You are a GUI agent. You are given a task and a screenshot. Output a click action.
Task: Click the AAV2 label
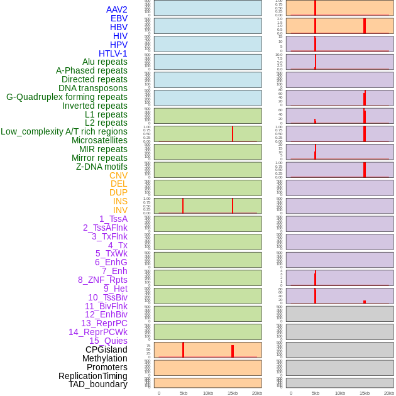click(116, 9)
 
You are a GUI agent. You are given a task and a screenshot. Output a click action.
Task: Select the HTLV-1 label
click(113, 53)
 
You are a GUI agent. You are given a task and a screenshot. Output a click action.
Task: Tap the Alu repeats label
click(104, 62)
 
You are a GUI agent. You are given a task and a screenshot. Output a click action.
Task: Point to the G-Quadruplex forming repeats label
click(67, 97)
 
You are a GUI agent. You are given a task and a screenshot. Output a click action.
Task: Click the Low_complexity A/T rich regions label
click(64, 131)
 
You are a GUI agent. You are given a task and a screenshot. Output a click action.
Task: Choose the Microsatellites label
click(99, 140)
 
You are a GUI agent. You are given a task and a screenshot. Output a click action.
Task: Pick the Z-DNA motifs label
click(101, 167)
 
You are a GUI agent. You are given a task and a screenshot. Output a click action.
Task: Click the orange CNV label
click(118, 175)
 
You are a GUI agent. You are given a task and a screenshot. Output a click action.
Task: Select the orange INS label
click(120, 201)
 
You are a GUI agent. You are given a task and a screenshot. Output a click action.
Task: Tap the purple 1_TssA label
click(113, 219)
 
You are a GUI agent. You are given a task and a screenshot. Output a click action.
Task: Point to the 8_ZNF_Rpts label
click(102, 280)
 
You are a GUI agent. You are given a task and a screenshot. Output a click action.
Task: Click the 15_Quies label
click(108, 341)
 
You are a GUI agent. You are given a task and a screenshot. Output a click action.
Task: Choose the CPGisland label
click(106, 349)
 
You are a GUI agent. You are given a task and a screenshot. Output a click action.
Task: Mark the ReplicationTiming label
click(92, 376)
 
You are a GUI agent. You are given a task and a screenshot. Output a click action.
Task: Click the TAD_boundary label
click(97, 384)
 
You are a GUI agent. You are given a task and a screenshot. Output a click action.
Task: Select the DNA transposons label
click(93, 88)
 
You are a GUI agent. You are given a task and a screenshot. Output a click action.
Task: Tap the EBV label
click(119, 18)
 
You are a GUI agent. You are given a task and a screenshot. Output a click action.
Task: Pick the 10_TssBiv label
click(107, 297)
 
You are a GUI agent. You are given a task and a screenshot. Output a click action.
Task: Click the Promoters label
click(107, 367)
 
